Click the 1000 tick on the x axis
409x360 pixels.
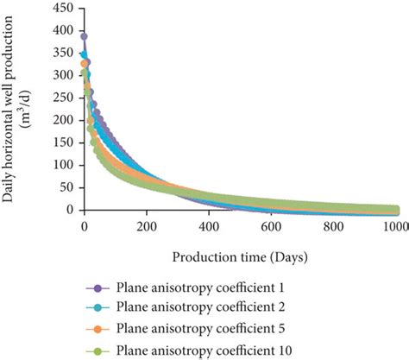pos(394,226)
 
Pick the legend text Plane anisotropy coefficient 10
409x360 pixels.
pos(198,350)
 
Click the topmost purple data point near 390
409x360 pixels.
pos(85,37)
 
